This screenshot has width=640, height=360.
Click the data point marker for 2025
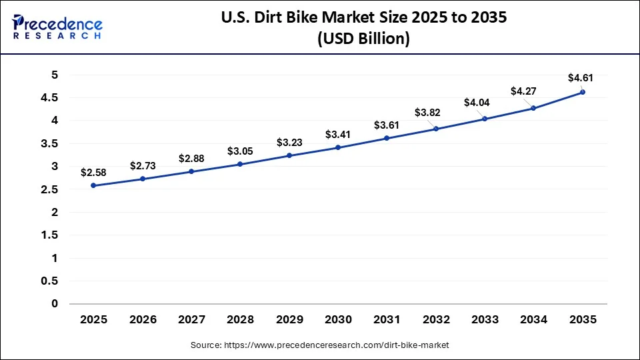(93, 185)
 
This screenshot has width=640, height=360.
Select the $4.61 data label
(581, 78)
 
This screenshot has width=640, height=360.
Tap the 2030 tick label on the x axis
(338, 320)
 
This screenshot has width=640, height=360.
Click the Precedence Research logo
(57, 27)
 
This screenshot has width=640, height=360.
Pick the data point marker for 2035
(583, 92)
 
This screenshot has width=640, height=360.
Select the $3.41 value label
(338, 135)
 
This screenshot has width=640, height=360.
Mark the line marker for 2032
(436, 129)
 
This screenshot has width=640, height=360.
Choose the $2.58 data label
(93, 173)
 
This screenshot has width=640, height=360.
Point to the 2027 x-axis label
(191, 320)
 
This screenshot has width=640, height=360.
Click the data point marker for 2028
(240, 164)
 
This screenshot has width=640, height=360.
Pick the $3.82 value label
(427, 113)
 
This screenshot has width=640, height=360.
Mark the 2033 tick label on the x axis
(485, 320)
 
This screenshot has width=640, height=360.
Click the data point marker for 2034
(533, 108)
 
